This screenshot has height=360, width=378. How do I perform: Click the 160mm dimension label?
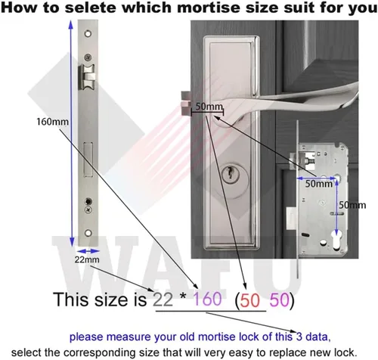click(x=52, y=122)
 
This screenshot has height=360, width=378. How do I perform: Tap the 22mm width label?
click(x=87, y=259)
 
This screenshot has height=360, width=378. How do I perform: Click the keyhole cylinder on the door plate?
click(x=230, y=174)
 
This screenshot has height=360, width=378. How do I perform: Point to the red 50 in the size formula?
click(x=249, y=300)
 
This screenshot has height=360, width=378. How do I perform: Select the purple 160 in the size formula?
click(x=207, y=299)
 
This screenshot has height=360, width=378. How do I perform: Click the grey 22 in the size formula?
click(x=163, y=299)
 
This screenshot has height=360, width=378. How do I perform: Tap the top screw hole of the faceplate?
click(x=88, y=33)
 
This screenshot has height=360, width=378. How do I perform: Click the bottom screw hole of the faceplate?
click(x=88, y=233)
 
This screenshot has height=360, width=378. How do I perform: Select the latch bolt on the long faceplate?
click(x=87, y=77)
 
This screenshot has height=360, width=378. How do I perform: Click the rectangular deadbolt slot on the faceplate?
click(x=88, y=160)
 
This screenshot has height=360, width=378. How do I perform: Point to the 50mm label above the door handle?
click(x=209, y=107)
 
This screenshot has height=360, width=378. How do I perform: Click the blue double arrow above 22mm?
click(x=88, y=251)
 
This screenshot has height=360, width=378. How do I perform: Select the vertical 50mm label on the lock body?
click(x=352, y=205)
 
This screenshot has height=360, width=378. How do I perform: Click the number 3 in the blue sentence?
click(x=299, y=337)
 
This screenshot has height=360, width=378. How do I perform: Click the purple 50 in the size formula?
click(x=279, y=300)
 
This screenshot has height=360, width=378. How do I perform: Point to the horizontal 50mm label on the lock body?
click(x=319, y=184)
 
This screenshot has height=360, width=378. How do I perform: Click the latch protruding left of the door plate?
click(x=186, y=103)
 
